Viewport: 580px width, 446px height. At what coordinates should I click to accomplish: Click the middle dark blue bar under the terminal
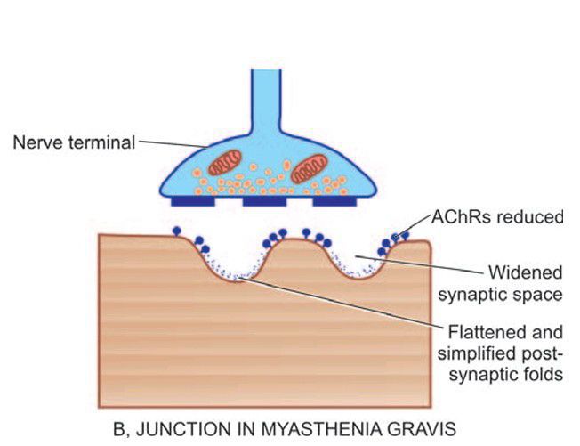pos(264,202)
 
